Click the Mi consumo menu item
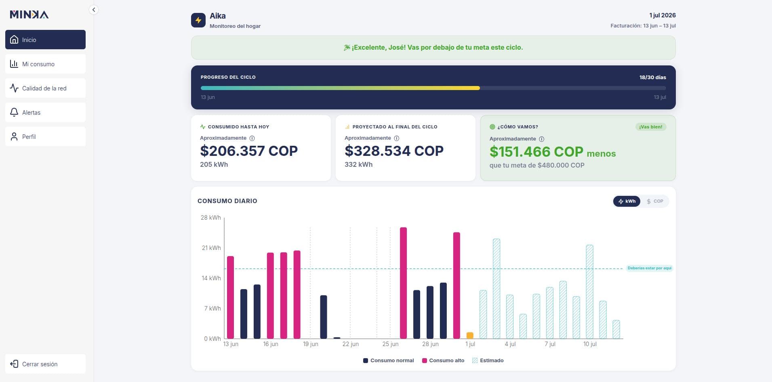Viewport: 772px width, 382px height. pyautogui.click(x=45, y=64)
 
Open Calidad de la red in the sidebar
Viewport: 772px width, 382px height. pyautogui.click(x=45, y=88)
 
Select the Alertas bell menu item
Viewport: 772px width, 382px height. pyautogui.click(x=45, y=112)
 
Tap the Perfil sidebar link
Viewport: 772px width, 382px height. pyautogui.click(x=45, y=136)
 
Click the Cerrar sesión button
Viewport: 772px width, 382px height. pyautogui.click(x=45, y=364)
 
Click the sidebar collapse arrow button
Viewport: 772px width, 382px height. pyautogui.click(x=94, y=10)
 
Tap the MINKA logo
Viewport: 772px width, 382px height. pyautogui.click(x=29, y=15)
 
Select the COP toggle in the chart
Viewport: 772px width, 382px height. pyautogui.click(x=655, y=201)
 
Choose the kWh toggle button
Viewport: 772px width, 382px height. pyautogui.click(x=627, y=201)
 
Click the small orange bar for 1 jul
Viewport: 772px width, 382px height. pyautogui.click(x=470, y=336)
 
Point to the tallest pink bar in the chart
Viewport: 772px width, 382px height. pyautogui.click(x=403, y=283)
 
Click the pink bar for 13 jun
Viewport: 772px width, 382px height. pyautogui.click(x=230, y=297)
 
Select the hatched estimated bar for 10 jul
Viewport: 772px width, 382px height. pyautogui.click(x=589, y=292)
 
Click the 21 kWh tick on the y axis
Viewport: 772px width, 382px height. pyautogui.click(x=211, y=248)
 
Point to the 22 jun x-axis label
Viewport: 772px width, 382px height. pyautogui.click(x=350, y=344)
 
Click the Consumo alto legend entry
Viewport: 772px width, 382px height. pyautogui.click(x=443, y=361)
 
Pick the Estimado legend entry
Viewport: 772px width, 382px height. pyautogui.click(x=488, y=361)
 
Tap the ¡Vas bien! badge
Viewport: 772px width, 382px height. pyautogui.click(x=650, y=127)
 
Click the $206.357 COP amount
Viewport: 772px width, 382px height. pyautogui.click(x=249, y=151)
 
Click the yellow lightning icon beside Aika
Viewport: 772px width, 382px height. pyautogui.click(x=198, y=20)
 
